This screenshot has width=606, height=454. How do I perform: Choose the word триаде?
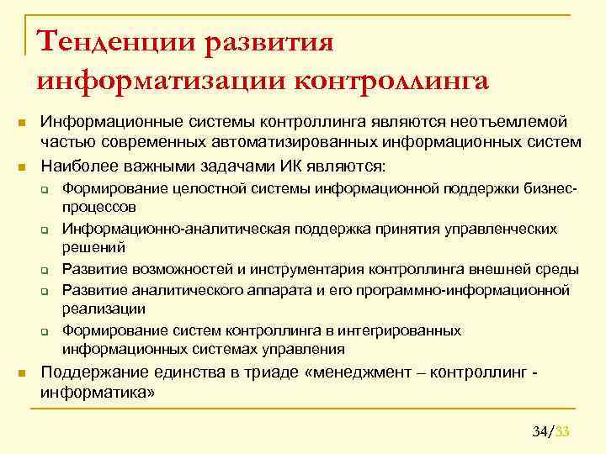(x=264, y=372)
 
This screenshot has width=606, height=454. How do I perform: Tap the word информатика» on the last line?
(x=98, y=392)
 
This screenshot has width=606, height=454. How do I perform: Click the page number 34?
(x=540, y=432)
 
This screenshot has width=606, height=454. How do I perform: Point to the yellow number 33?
(x=563, y=432)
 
